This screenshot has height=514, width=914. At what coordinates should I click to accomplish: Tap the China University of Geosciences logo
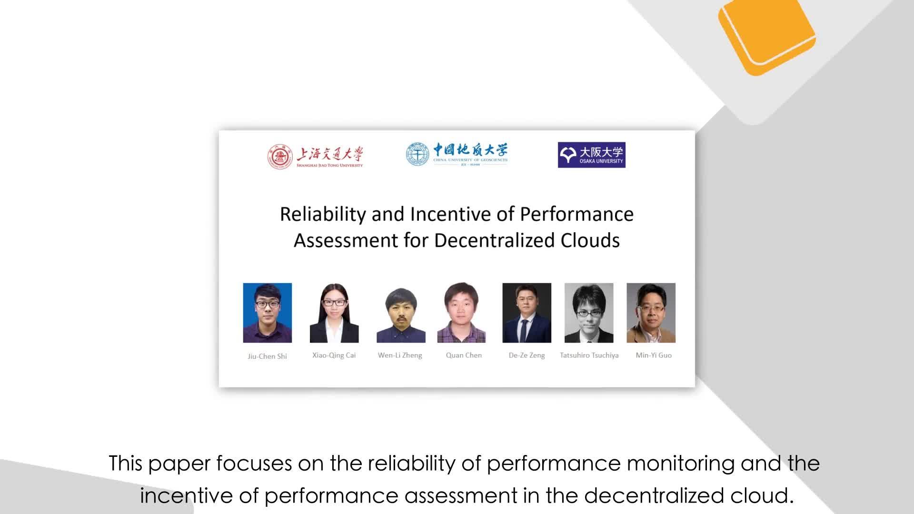point(457,154)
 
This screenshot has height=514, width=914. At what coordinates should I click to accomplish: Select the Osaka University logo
point(592,155)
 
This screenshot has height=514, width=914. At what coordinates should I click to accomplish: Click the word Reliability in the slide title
point(323,215)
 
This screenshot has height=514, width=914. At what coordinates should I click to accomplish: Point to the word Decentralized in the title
point(495,240)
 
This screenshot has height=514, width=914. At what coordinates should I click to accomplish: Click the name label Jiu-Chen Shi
point(267,356)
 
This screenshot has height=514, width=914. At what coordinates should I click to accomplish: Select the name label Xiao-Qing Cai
point(334,355)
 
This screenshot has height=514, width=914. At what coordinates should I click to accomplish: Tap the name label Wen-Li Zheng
point(400,355)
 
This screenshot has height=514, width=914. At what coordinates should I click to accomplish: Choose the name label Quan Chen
point(464,355)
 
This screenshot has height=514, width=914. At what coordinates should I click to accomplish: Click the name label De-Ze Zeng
point(527,355)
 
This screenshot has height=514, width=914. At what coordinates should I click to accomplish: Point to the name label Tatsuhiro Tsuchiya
point(589,355)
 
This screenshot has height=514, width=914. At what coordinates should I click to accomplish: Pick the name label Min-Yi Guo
point(654,355)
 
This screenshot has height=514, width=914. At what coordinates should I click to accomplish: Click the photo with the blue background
point(268,313)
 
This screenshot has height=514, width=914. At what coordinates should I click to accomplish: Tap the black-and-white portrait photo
point(589,313)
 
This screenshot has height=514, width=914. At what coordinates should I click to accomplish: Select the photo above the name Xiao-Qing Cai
point(334,313)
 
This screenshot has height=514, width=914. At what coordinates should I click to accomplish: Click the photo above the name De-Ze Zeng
point(527,313)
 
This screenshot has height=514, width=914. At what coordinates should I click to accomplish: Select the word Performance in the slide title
point(576,215)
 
